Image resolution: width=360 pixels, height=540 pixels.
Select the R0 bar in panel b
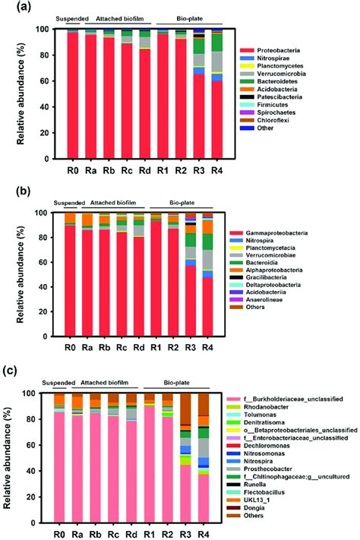point(71,281)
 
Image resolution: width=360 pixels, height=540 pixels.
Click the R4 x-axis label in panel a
point(217,172)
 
